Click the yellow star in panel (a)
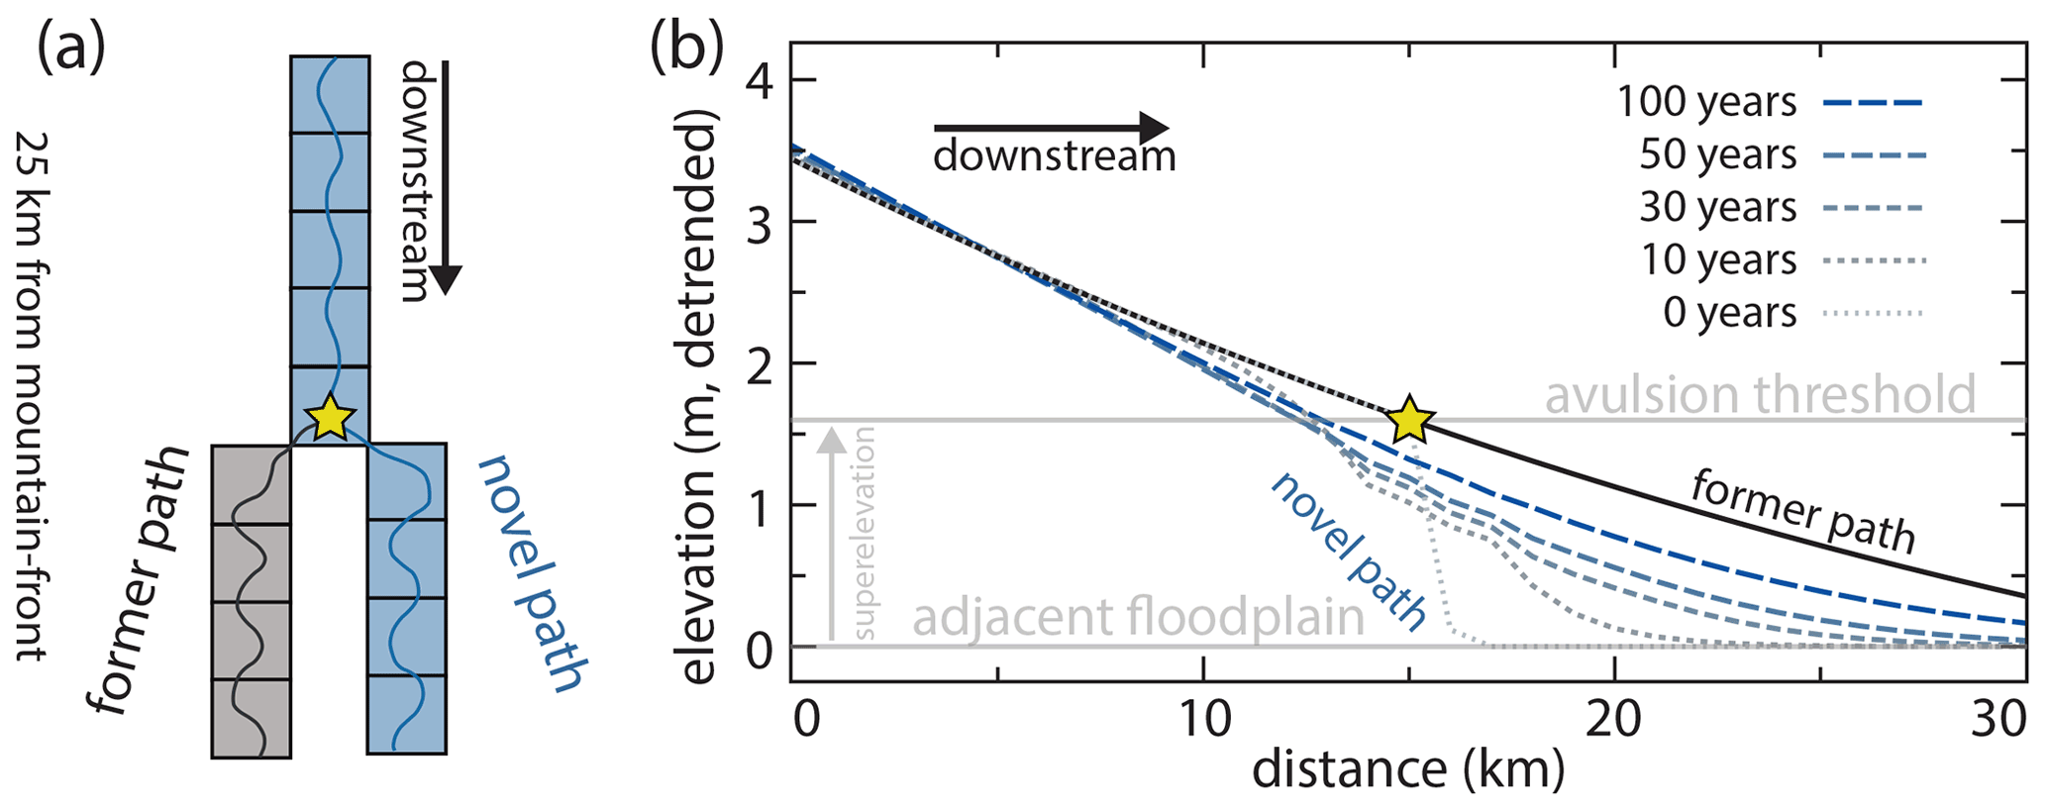[x=330, y=419]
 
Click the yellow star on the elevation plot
[x=1409, y=421]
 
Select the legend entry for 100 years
[x=1706, y=103]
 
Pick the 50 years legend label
[x=1717, y=155]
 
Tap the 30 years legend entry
[x=1717, y=208]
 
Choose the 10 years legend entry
[x=1717, y=260]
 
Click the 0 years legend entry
[x=1729, y=313]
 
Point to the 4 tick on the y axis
[x=761, y=81]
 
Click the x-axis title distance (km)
[x=1408, y=770]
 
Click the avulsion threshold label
[x=1760, y=394]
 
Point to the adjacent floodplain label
[x=1138, y=618]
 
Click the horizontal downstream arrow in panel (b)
[x=1051, y=128]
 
